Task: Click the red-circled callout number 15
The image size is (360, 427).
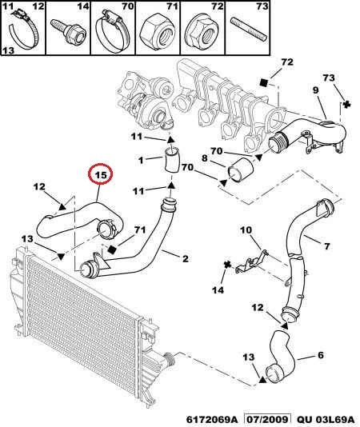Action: point(101,174)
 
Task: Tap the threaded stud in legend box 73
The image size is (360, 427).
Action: point(249,30)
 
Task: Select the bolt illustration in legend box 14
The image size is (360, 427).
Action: point(69,32)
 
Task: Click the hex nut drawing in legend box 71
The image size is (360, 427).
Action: point(158,34)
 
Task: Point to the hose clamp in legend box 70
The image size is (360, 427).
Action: point(113,31)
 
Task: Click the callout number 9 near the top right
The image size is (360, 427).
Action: point(315,90)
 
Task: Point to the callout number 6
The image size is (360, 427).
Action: point(321,355)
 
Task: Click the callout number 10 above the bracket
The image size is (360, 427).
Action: point(246,230)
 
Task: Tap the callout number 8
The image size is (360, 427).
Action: point(205,158)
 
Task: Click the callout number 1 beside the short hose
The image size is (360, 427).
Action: point(141,160)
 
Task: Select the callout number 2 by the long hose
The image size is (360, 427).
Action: point(186,258)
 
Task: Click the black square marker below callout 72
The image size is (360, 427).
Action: point(263,82)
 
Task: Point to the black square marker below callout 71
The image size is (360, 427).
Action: point(112,249)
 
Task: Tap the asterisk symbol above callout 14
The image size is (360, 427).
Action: point(227,265)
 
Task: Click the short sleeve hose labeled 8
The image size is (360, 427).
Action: point(240,171)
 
